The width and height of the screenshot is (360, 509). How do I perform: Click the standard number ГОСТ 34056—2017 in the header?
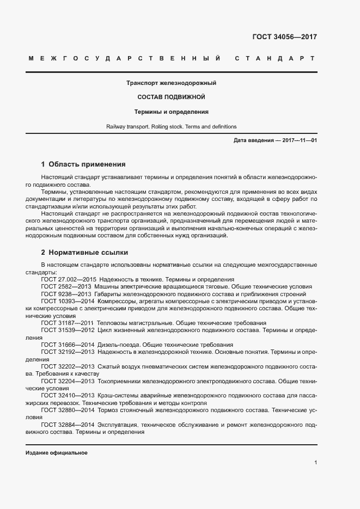[284, 37]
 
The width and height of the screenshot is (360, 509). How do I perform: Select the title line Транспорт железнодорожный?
[172, 83]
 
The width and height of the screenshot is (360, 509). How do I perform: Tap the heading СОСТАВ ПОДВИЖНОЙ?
[171, 97]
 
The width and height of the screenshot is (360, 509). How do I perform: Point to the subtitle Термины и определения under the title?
[172, 112]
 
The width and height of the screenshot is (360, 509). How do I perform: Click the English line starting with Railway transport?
[172, 126]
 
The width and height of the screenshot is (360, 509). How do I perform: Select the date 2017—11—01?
[298, 140]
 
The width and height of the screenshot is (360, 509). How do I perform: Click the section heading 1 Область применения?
[83, 164]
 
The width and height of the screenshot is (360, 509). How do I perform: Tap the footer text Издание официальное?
[57, 453]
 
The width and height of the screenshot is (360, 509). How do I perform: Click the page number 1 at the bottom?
[315, 463]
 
